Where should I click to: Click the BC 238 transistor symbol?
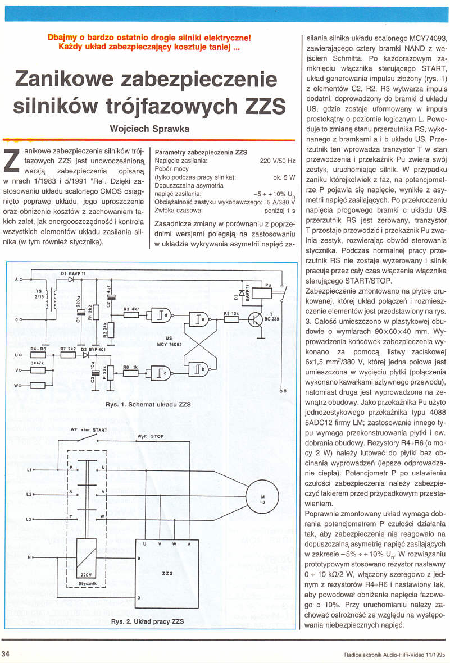point(257,319)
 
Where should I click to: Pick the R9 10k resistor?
point(231,319)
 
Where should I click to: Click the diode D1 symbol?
point(71,280)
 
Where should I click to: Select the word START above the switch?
point(100,430)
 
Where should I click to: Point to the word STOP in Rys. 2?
point(157,436)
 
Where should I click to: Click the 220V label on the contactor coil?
point(87,575)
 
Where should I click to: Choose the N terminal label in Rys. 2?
point(29,557)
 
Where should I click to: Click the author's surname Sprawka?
point(169,129)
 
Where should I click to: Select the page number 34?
point(6,653)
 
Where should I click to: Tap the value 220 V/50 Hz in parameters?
point(278,161)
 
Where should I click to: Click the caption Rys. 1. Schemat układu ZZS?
point(148,404)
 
